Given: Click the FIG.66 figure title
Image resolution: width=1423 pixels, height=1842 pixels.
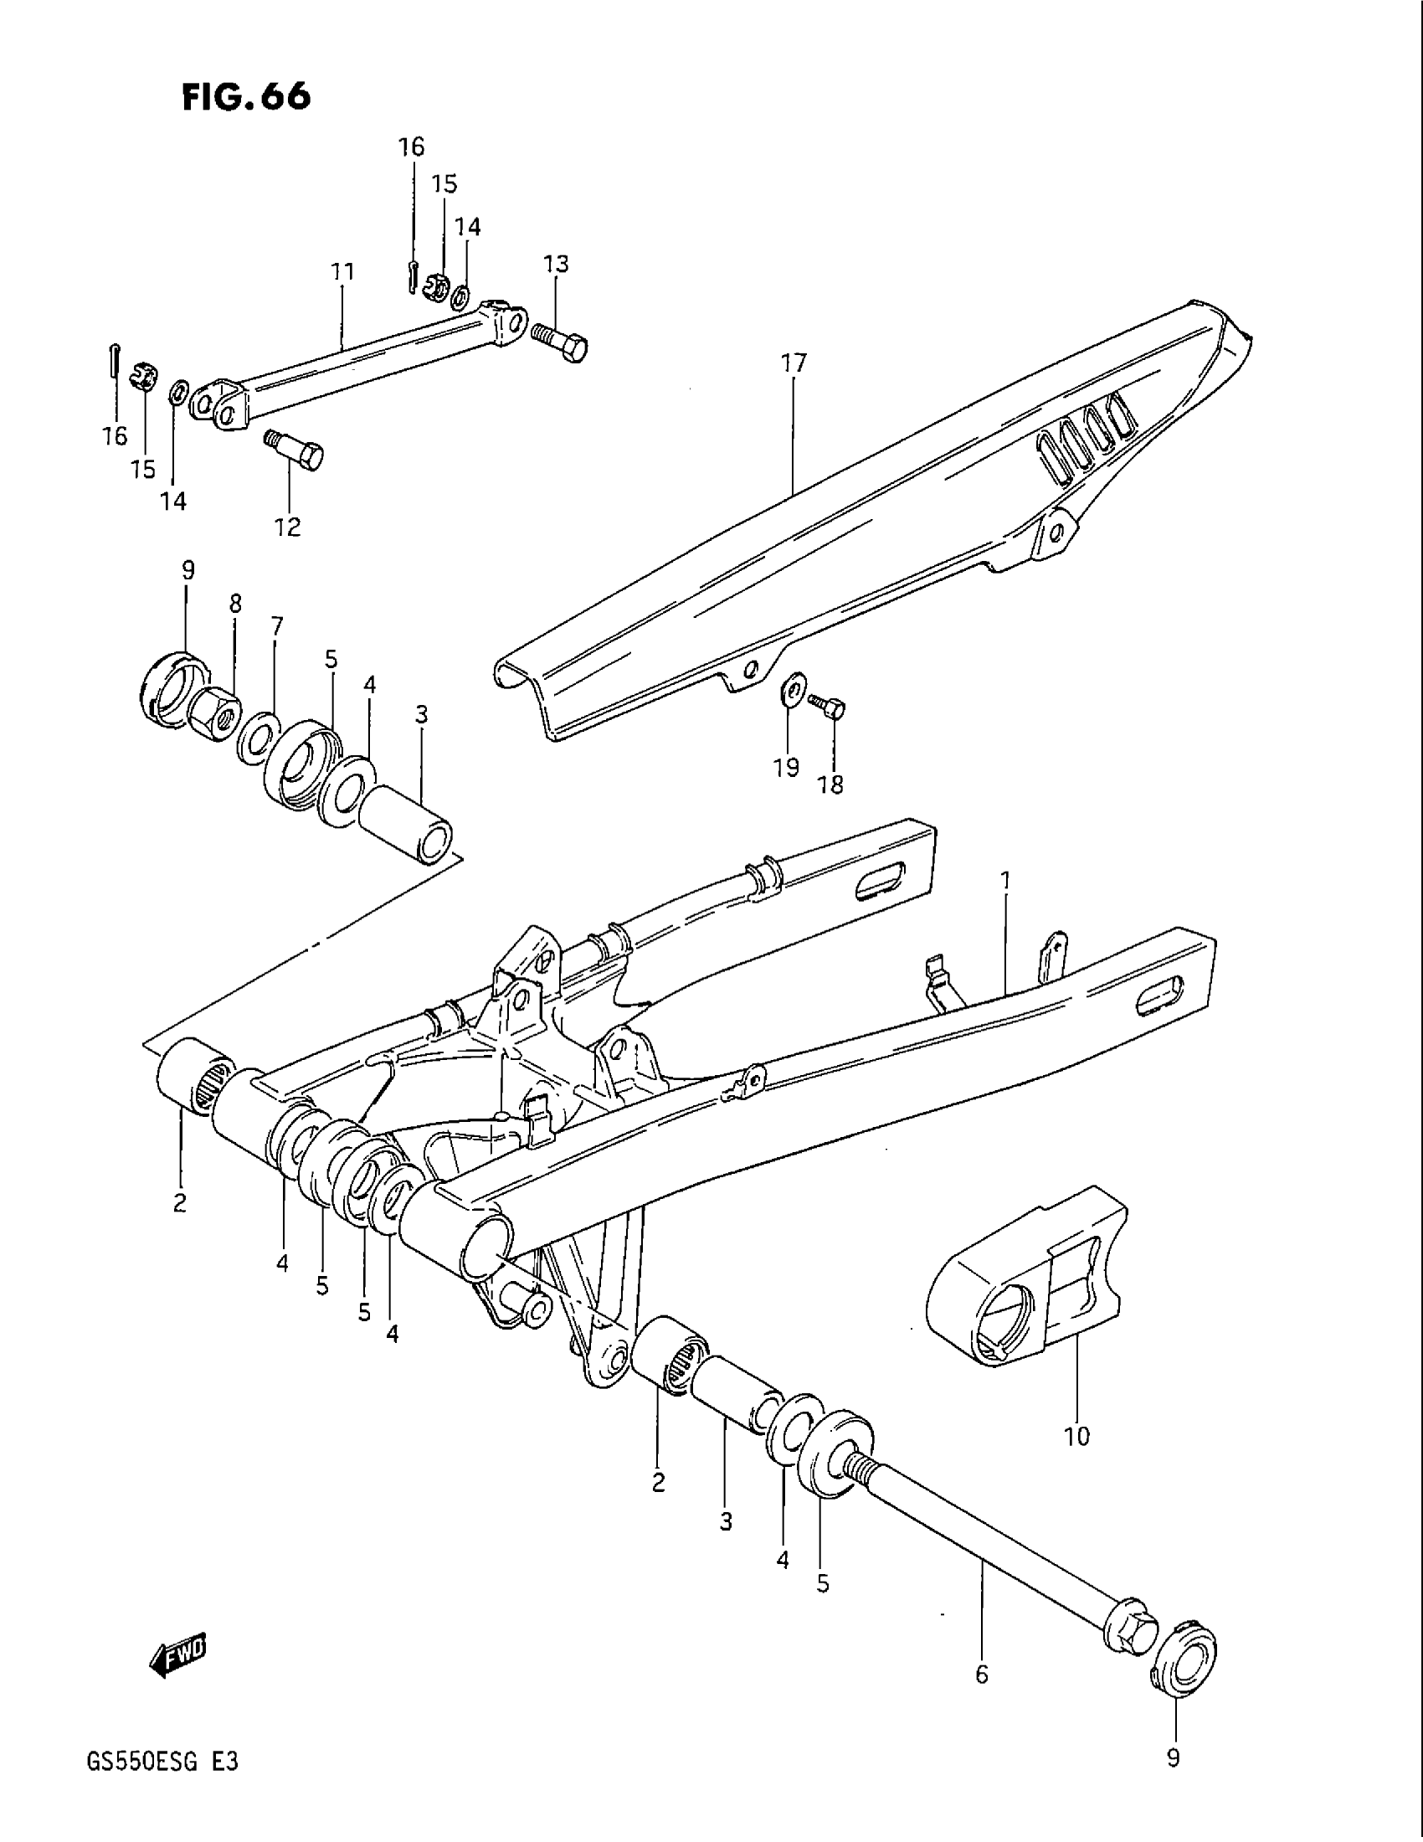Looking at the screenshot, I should point(246,98).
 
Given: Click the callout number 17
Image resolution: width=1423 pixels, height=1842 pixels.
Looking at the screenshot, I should point(794,363).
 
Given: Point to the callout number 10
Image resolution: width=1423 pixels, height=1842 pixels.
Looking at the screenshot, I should point(1076,1435).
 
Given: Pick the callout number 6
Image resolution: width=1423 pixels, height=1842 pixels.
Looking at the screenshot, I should point(981,1675).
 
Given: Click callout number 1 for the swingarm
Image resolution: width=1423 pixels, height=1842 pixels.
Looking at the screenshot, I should point(1004,882).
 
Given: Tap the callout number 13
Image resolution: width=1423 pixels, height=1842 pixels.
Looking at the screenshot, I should point(557,265).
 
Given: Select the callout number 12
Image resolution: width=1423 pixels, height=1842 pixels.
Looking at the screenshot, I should point(287,527).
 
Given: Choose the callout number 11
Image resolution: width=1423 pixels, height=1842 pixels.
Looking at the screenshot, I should point(342,272).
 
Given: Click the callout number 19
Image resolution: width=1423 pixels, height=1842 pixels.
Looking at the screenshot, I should point(787,769).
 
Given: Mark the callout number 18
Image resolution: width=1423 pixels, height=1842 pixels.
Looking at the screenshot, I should point(830,785).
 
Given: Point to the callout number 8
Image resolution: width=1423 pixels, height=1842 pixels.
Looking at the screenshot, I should point(234,604).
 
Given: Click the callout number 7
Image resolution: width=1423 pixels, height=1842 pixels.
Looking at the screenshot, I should point(276,625).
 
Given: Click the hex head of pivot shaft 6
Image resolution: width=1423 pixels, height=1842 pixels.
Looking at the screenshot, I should point(1128,1618).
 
